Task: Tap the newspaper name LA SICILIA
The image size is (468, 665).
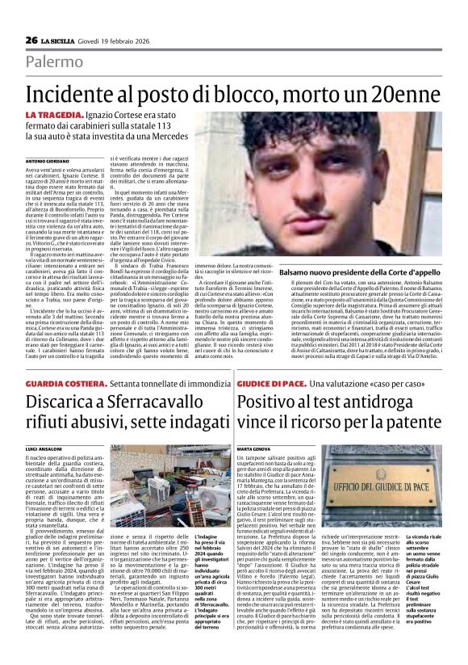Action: pyautogui.click(x=61, y=40)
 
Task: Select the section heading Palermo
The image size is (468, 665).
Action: pyautogui.click(x=53, y=62)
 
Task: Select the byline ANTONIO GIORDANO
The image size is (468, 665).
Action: pyautogui.click(x=48, y=162)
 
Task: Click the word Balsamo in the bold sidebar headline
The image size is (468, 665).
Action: pyautogui.click(x=298, y=274)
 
